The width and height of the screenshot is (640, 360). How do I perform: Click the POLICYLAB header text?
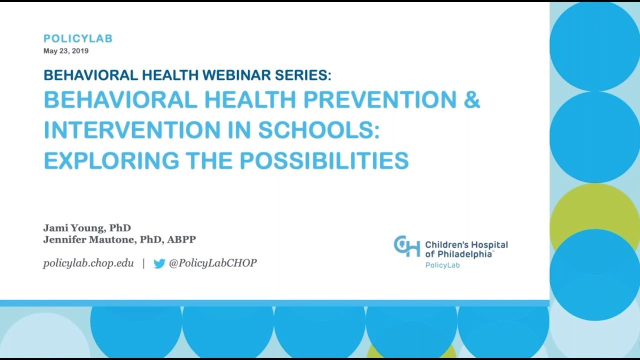78,38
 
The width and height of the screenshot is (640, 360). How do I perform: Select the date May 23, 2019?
66,51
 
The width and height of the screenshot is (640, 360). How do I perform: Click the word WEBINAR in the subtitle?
231,75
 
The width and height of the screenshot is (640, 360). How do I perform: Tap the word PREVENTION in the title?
379,100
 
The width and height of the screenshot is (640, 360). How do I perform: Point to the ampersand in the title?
472,100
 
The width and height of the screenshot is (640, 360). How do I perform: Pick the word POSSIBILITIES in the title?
324,160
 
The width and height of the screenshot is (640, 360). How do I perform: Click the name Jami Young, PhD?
87,228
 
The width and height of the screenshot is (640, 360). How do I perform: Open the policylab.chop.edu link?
88,263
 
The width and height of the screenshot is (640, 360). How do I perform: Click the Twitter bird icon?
159,263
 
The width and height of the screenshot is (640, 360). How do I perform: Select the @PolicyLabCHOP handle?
212,263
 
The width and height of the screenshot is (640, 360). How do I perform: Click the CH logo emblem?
406,246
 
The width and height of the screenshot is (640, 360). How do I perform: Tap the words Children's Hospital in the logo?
466,245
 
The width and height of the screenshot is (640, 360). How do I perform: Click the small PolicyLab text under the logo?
442,265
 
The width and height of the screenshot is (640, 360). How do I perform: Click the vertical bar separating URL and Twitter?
143,263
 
